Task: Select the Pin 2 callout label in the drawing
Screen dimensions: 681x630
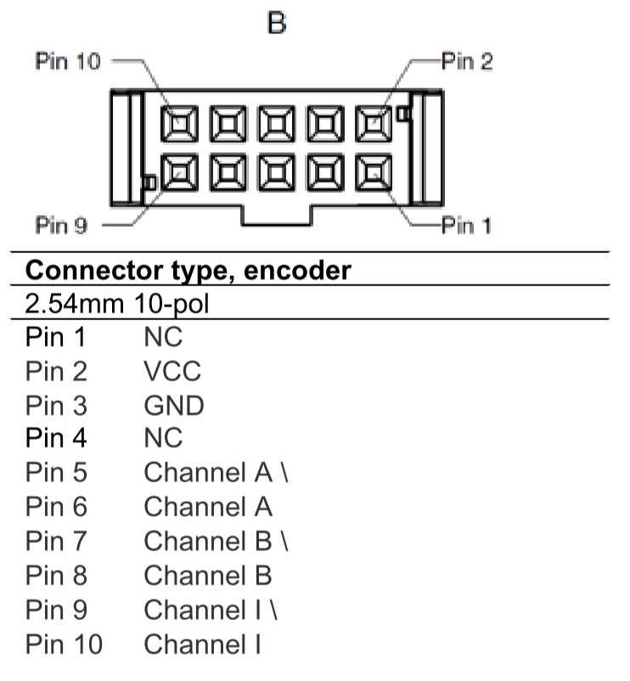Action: click(465, 62)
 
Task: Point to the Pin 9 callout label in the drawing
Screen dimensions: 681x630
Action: click(62, 226)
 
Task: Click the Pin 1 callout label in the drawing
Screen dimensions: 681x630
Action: click(465, 226)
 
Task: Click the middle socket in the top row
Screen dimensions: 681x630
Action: click(275, 125)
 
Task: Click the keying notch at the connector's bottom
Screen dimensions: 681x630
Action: click(276, 217)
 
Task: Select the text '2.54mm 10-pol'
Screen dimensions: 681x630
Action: click(116, 303)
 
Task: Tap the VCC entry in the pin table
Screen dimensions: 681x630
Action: click(172, 371)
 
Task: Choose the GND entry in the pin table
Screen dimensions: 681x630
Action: click(174, 405)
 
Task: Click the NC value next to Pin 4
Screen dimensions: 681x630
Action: click(162, 440)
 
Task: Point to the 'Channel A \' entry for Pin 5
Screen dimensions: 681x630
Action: click(217, 474)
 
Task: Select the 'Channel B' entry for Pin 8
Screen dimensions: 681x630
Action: click(208, 576)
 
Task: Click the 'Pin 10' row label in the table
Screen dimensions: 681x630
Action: click(64, 644)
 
